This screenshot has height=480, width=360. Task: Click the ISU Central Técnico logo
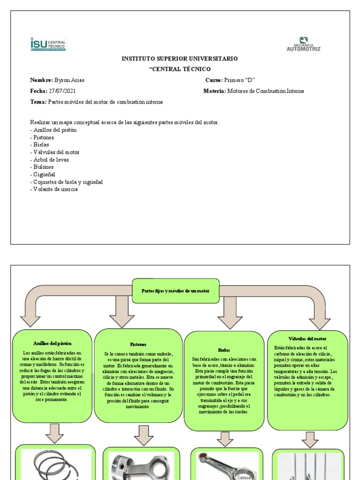48,44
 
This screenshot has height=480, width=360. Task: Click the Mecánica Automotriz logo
303,44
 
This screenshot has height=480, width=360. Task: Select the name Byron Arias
70,80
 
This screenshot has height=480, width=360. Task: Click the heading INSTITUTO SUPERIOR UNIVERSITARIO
180,59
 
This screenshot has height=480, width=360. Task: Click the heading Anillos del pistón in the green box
52,344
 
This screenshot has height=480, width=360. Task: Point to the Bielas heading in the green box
224,350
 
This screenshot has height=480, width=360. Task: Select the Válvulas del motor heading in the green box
307,338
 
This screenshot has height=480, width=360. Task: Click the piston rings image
56,464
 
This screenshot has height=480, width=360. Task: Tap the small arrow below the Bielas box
225,439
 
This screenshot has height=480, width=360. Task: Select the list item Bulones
43,167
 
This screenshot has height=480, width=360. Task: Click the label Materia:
214,91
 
